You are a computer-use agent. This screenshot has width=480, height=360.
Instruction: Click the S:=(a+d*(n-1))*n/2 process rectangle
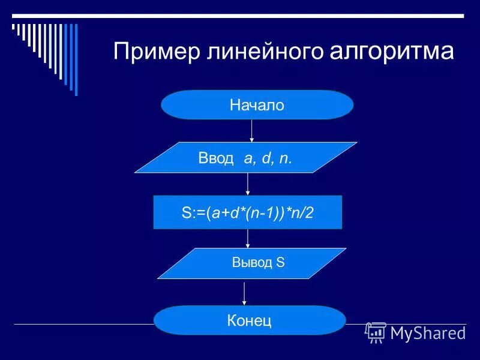[247, 212]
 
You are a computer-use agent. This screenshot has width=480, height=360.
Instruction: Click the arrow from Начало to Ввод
[251, 130]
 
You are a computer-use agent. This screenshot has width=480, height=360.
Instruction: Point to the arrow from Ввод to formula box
[248, 184]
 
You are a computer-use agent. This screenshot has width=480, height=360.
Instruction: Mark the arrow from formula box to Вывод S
[248, 238]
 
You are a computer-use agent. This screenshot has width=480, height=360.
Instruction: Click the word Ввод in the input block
[215, 158]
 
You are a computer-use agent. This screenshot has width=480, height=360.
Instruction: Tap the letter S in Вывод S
[280, 263]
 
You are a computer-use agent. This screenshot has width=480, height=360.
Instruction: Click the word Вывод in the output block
[252, 263]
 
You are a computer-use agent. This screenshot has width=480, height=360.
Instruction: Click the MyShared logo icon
[376, 332]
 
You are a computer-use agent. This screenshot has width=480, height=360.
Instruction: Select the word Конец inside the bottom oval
[250, 320]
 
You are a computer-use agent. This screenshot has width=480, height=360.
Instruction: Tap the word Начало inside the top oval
[257, 106]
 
